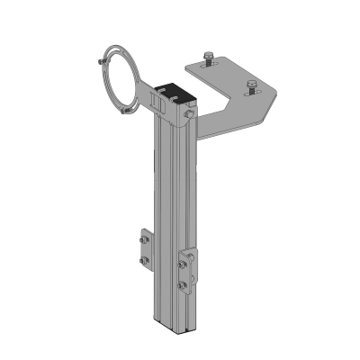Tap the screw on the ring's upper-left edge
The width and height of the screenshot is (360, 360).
tap(97, 62)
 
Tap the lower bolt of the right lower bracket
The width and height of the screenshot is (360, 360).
tap(184, 285)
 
